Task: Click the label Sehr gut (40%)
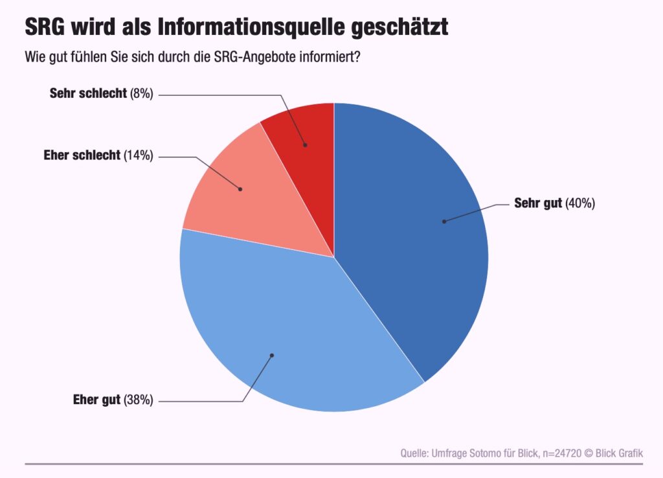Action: pos(554,203)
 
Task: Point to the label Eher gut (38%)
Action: pos(113,400)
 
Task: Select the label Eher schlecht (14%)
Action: pos(98,155)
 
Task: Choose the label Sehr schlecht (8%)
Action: pos(101,93)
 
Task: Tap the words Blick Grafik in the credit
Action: pos(619,453)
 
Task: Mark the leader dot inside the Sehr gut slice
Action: pos(444,222)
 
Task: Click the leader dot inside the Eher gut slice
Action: pos(272,355)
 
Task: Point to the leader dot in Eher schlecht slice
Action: pos(240,189)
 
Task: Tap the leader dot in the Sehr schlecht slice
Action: pos(305,145)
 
